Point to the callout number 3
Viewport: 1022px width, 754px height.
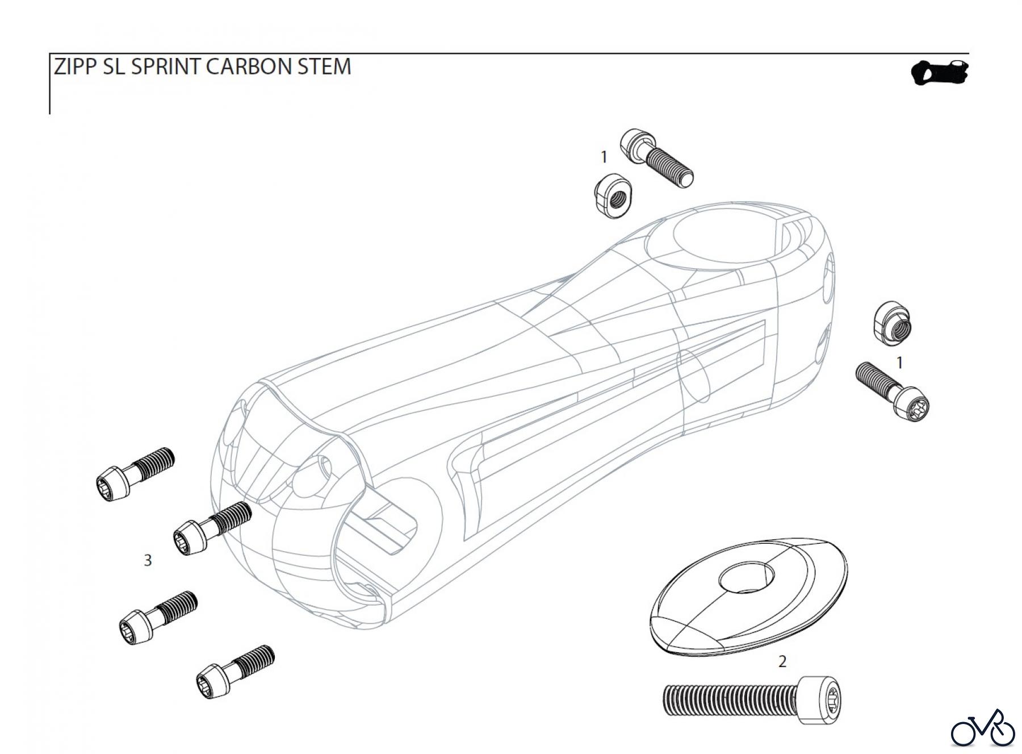(x=148, y=561)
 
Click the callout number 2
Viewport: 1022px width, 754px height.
(x=782, y=661)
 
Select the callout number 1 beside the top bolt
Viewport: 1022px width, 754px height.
(x=604, y=156)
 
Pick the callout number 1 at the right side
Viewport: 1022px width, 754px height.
(x=899, y=362)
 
